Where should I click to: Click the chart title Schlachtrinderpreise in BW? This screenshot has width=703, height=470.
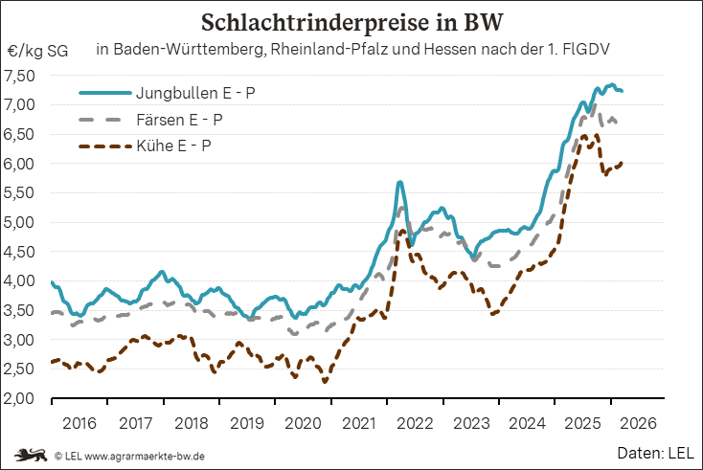351,22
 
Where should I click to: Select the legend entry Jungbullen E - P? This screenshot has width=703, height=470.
195,94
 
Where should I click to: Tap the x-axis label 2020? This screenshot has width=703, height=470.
303,422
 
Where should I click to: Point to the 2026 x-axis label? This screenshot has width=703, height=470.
638,422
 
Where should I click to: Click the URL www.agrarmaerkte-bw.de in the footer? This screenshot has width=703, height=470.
144,455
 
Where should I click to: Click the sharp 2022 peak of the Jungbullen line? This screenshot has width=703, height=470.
399,182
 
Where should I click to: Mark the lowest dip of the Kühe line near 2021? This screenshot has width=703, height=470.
326,382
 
